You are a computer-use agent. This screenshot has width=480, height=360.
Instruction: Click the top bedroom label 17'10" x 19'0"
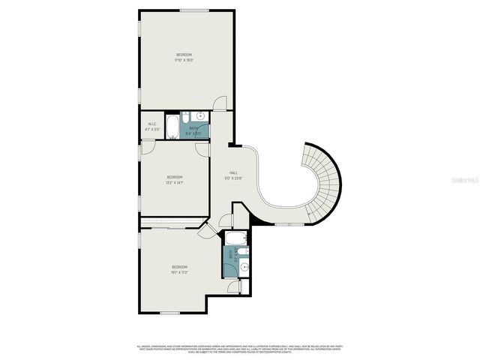(184, 58)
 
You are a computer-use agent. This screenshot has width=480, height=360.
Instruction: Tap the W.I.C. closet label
(152, 127)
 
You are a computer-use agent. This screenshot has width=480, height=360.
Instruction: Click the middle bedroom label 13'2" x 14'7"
(175, 179)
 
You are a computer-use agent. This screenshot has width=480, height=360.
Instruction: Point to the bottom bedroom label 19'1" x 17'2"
(179, 270)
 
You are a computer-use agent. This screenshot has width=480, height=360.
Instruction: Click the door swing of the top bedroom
(218, 104)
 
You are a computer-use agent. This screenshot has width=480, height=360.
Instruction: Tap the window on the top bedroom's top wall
(194, 10)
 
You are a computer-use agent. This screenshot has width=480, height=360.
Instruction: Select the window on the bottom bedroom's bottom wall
(171, 313)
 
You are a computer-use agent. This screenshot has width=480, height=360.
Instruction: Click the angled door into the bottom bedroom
(205, 232)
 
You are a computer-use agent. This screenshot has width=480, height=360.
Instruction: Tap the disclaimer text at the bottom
(239, 349)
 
